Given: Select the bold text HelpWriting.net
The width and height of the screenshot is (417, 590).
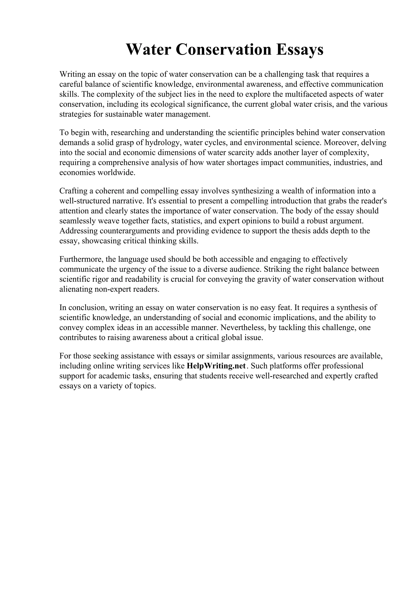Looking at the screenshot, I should click(216, 366).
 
